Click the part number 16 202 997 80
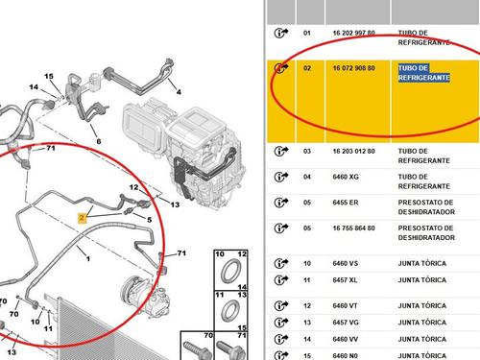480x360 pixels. [x=353, y=33]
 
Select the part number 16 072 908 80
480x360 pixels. [x=353, y=68]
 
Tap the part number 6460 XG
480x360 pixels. [x=346, y=177]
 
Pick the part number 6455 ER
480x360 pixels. [x=346, y=203]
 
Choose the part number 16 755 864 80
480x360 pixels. [x=353, y=228]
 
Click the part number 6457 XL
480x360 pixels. [x=345, y=280]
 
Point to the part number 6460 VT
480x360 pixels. [x=345, y=306]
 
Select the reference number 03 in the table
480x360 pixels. [x=307, y=152]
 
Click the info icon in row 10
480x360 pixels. [x=281, y=263]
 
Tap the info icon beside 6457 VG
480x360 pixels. [x=281, y=322]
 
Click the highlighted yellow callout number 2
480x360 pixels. [x=82, y=218]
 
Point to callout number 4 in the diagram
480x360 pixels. [x=179, y=92]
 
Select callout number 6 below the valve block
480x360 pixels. [x=99, y=141]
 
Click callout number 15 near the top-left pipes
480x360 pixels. [x=49, y=76]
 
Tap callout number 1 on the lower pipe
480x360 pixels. [x=88, y=258]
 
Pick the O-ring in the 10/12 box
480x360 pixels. [x=231, y=272]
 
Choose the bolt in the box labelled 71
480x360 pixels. [x=231, y=349]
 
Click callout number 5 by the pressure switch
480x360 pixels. [x=149, y=220]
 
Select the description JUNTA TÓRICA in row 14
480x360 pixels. [x=422, y=339]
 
